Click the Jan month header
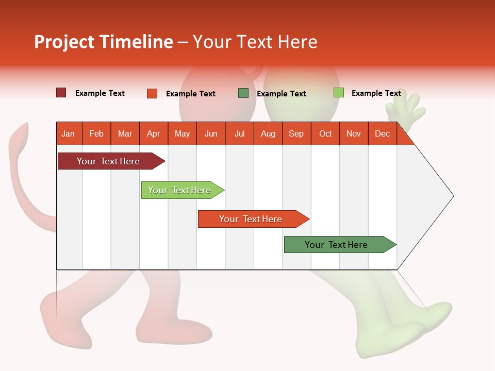68,134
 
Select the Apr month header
154,134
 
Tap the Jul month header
239,134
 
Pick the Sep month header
296,134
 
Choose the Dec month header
382,134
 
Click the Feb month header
96,134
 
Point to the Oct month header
325,134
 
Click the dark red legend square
61,93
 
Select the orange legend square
152,93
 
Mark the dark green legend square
243,93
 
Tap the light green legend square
339,93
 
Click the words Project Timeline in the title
104,42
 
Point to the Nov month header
354,134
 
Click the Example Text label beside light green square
376,93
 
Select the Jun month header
211,134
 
